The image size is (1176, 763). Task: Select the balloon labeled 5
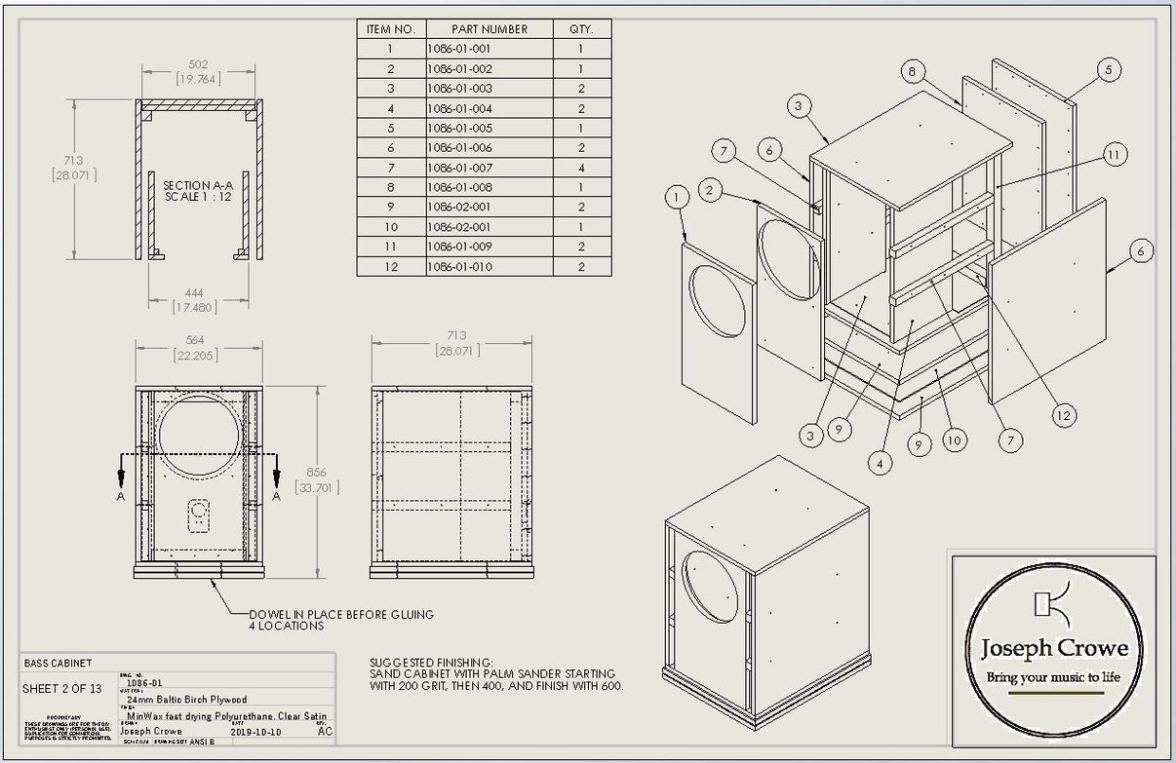(1107, 69)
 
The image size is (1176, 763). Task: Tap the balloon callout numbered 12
(1064, 415)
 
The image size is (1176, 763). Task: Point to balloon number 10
(955, 440)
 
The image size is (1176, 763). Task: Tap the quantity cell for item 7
(581, 168)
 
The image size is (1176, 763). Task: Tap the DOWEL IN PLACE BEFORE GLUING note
(341, 615)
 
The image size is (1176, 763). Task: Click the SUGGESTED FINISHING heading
(432, 662)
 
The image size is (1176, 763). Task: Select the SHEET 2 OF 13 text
(61, 689)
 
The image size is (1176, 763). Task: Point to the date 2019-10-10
(255, 731)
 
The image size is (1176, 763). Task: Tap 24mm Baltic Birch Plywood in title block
(187, 700)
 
